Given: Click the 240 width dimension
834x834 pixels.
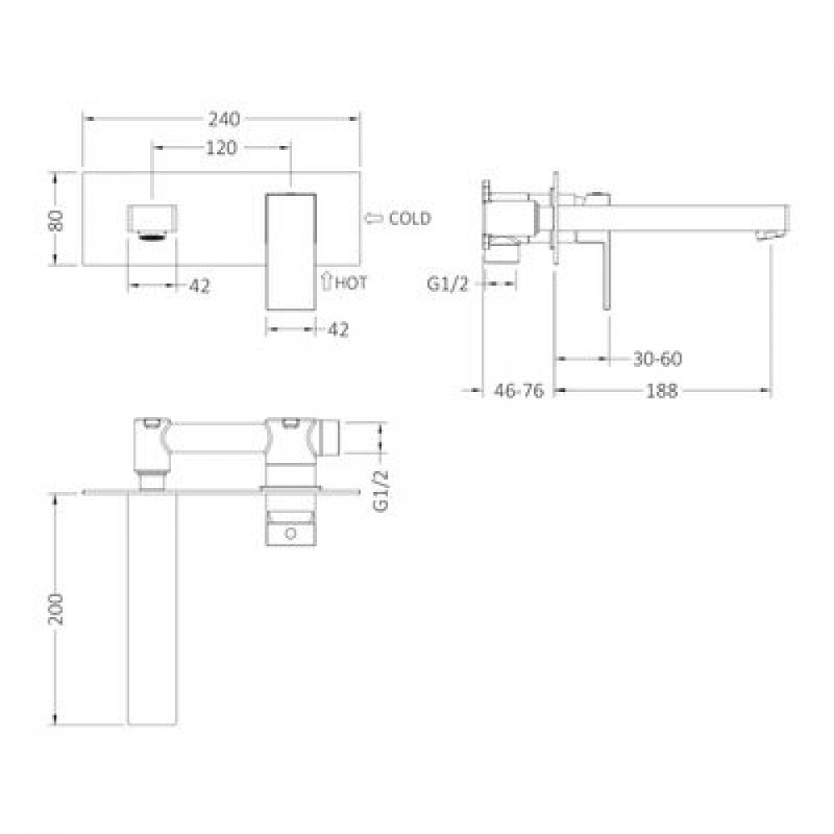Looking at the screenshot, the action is [224, 118].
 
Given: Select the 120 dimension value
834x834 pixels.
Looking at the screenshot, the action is [221, 148].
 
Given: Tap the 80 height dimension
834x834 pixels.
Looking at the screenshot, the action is [57, 220].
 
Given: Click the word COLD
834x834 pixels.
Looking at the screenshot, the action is [409, 218].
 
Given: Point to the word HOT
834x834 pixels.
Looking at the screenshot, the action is [351, 283].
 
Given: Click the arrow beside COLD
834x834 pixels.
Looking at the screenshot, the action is [374, 218].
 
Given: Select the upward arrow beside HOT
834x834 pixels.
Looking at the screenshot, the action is [327, 281].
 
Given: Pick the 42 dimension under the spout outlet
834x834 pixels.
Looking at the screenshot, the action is [200, 286].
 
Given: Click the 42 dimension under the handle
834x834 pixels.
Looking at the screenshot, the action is [339, 329].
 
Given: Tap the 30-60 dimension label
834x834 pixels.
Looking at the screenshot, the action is [657, 359].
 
